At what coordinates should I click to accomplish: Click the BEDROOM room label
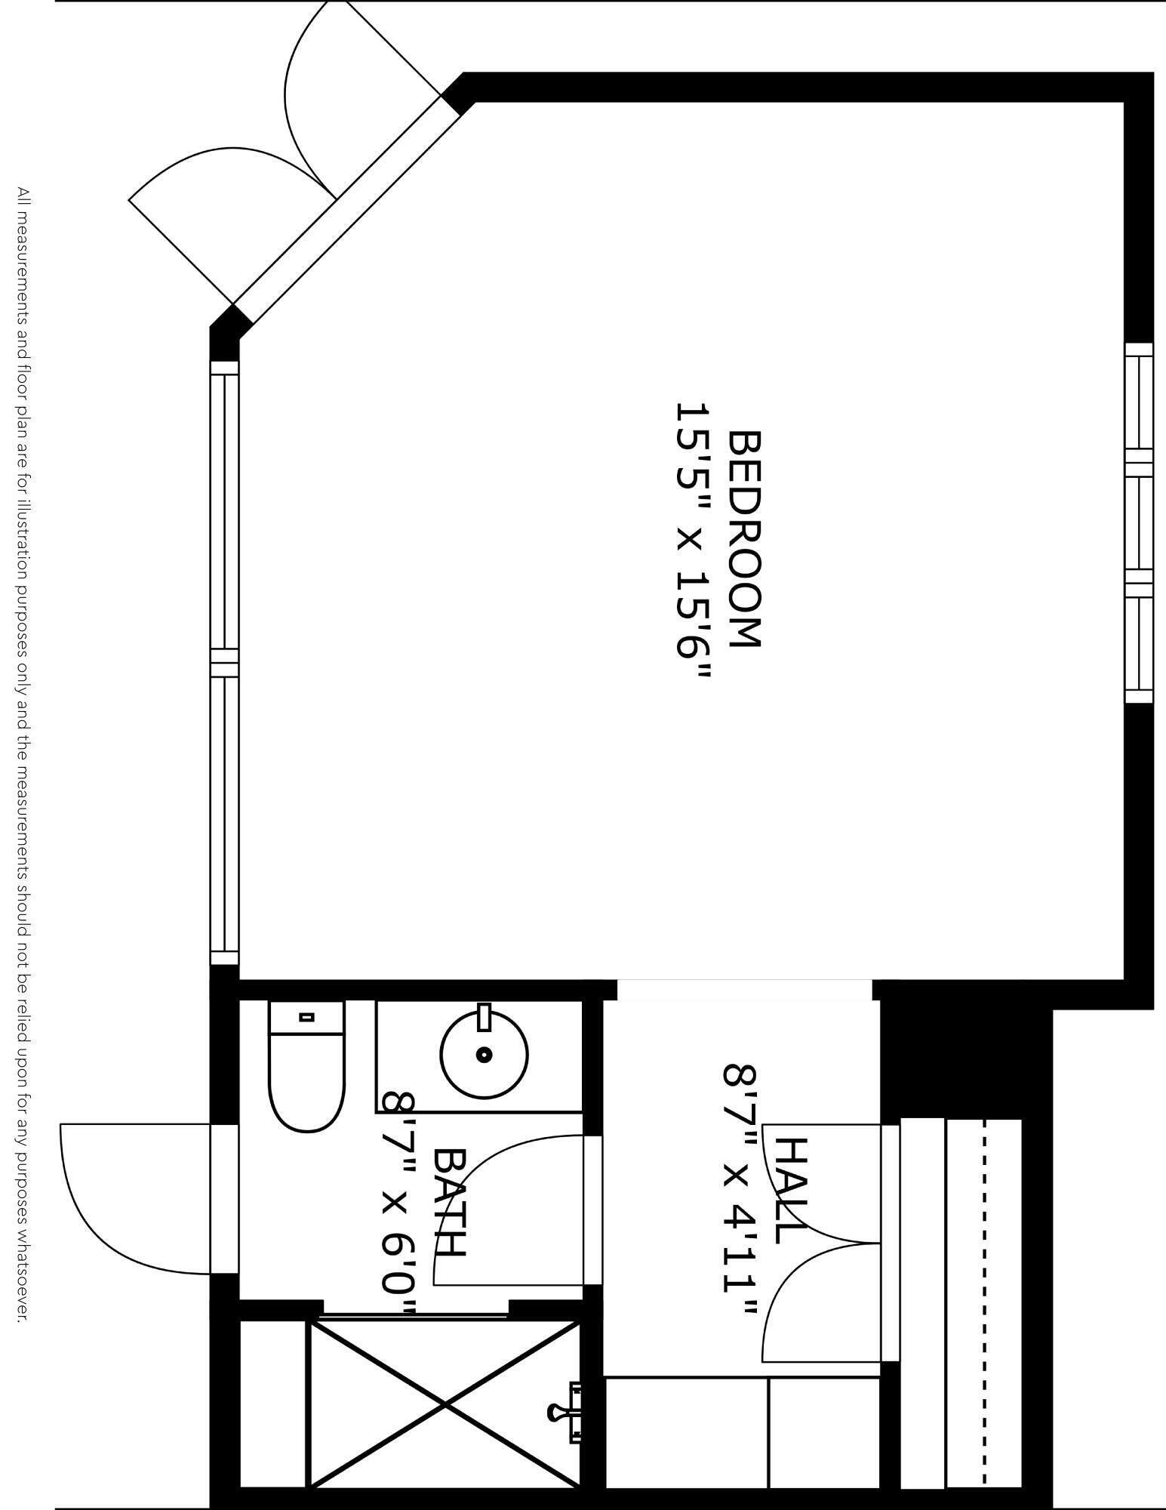click(x=746, y=539)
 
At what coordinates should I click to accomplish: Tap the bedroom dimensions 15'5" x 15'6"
click(x=693, y=541)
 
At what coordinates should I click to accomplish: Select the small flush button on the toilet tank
click(x=306, y=1017)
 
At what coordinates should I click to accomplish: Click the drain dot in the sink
click(x=485, y=1055)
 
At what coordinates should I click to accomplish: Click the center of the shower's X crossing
click(x=445, y=1403)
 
